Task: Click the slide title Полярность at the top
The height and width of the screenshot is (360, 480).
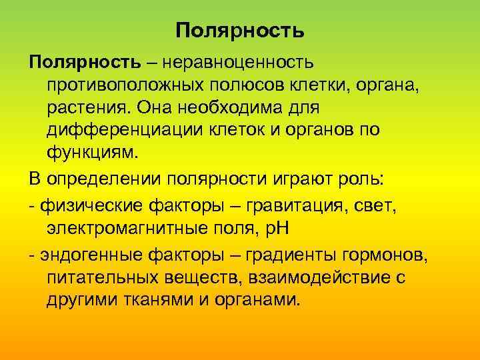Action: point(240,31)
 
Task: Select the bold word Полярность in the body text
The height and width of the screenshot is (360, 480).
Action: point(85,62)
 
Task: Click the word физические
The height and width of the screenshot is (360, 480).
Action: point(87,206)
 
